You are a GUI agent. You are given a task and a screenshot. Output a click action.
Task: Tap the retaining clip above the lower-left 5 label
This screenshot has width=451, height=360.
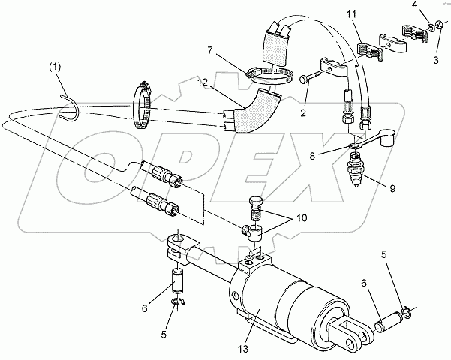click(177, 302)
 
